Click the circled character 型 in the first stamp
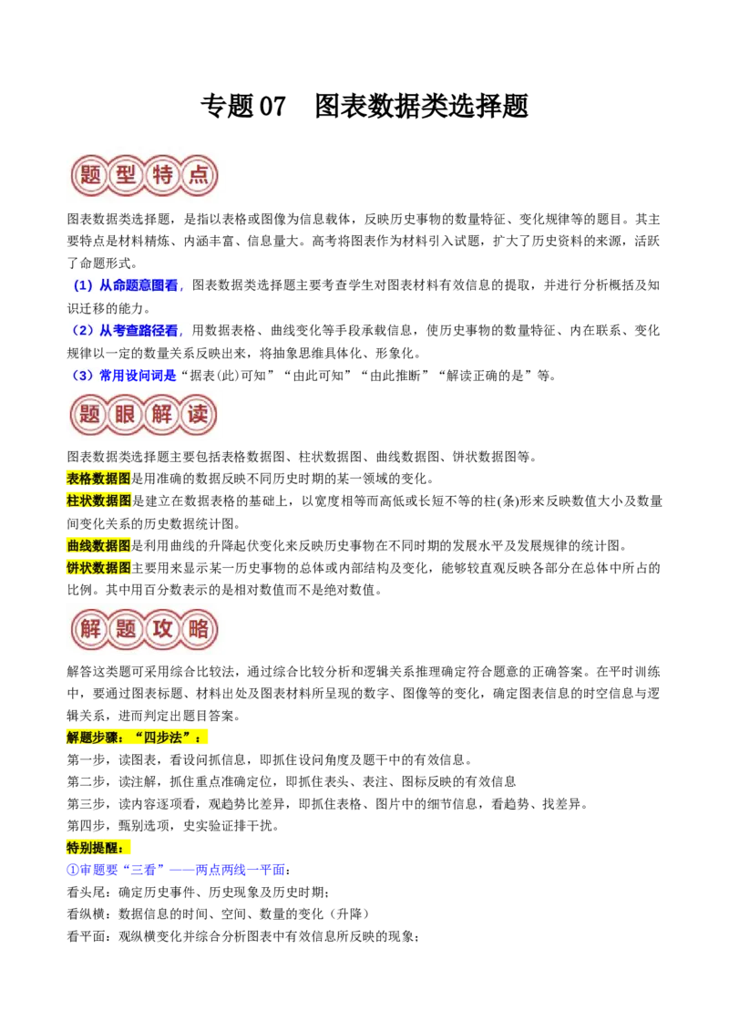pos(126,175)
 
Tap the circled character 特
pos(162,175)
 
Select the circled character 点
pos(198,175)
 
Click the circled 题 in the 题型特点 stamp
pos(89,175)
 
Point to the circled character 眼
pos(126,416)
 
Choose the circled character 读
pos(198,416)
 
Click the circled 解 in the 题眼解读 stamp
pos(162,416)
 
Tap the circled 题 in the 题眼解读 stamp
pos(89,416)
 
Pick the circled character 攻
pos(162,628)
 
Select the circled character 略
pos(198,628)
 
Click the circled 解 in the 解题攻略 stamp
pos(89,628)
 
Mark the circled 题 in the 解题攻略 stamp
pos(126,628)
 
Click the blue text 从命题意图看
pos(139,285)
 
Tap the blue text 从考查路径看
pos(139,330)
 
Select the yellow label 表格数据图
pos(98,479)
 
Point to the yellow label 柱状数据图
pos(98,501)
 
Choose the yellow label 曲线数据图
pos(98,545)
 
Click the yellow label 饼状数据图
pos(98,567)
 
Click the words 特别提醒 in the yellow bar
pos(95,849)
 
